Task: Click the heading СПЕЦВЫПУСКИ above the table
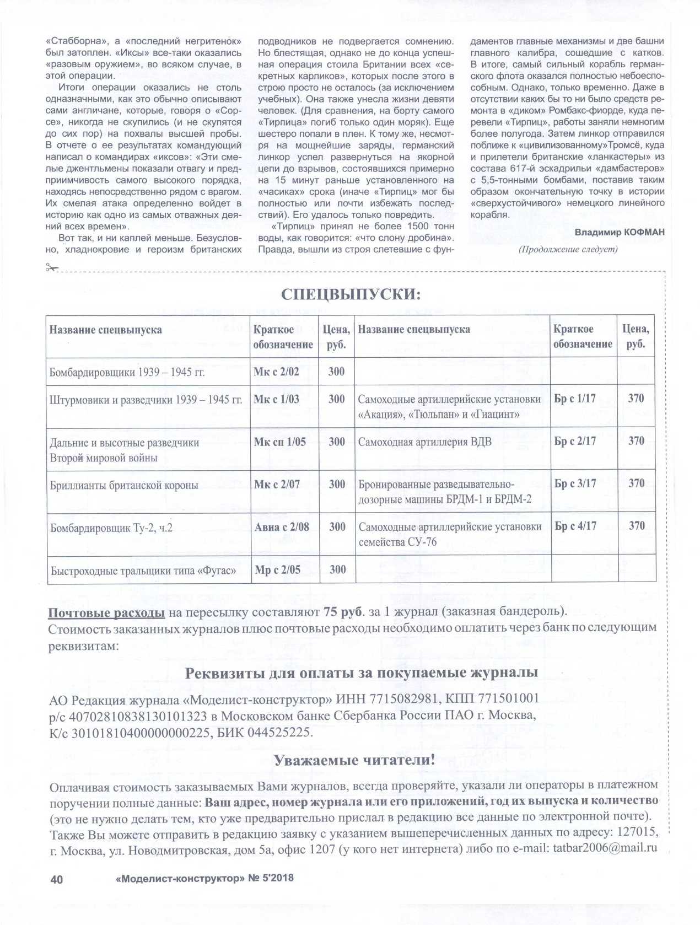pyautogui.click(x=351, y=294)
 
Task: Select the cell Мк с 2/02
pyautogui.click(x=276, y=372)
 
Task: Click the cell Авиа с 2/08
pyautogui.click(x=282, y=527)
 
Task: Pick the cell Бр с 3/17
pyautogui.click(x=575, y=483)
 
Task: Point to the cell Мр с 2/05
pyautogui.click(x=277, y=569)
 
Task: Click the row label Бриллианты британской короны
pyautogui.click(x=124, y=485)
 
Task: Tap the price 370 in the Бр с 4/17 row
pyautogui.click(x=636, y=526)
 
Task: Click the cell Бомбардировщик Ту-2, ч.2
pyautogui.click(x=111, y=528)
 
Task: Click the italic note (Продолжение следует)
pyautogui.click(x=568, y=249)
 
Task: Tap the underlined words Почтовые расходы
pyautogui.click(x=106, y=612)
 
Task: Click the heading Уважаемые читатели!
pyautogui.click(x=354, y=760)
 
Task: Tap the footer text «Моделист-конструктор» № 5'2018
pyautogui.click(x=205, y=878)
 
